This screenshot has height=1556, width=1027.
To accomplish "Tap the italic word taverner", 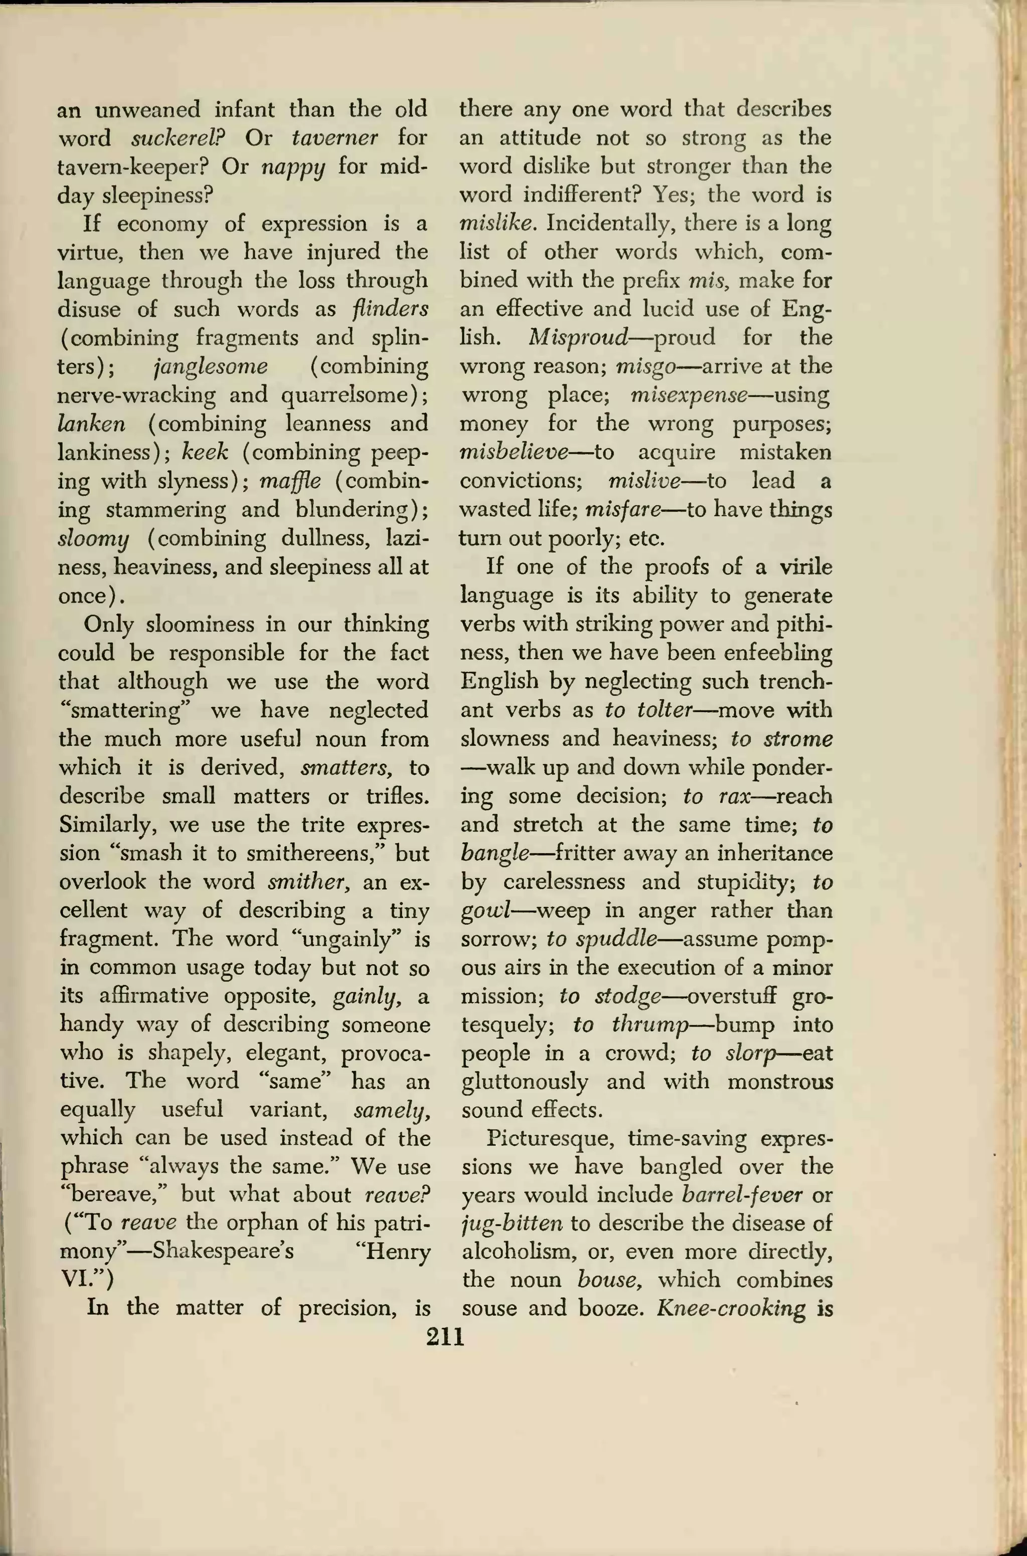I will click(x=334, y=138).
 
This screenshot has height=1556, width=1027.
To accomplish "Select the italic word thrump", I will click(x=648, y=1025).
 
